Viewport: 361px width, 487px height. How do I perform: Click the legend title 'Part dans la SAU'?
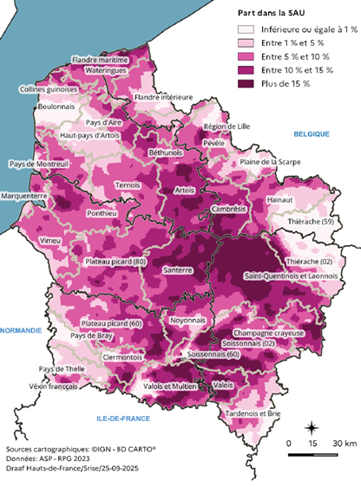(272, 13)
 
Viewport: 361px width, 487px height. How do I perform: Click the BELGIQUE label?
(312, 133)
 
